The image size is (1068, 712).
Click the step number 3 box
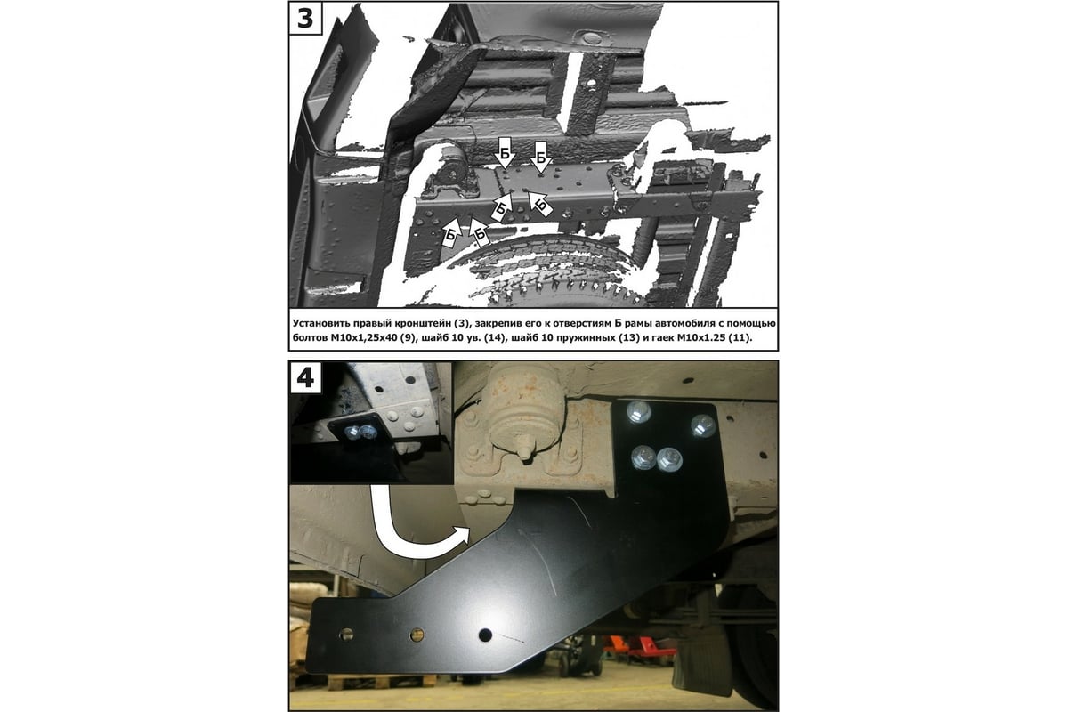(x=305, y=18)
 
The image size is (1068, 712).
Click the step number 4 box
(x=305, y=377)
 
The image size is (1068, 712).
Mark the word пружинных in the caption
(x=577, y=338)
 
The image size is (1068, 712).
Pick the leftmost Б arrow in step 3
(x=451, y=233)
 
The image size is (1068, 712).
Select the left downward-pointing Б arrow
(x=505, y=153)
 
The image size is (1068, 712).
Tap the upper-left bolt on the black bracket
(x=639, y=412)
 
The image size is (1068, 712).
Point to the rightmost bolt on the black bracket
(x=703, y=425)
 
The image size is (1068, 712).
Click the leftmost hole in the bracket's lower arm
(x=346, y=635)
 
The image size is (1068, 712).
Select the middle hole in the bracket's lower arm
(x=417, y=635)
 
